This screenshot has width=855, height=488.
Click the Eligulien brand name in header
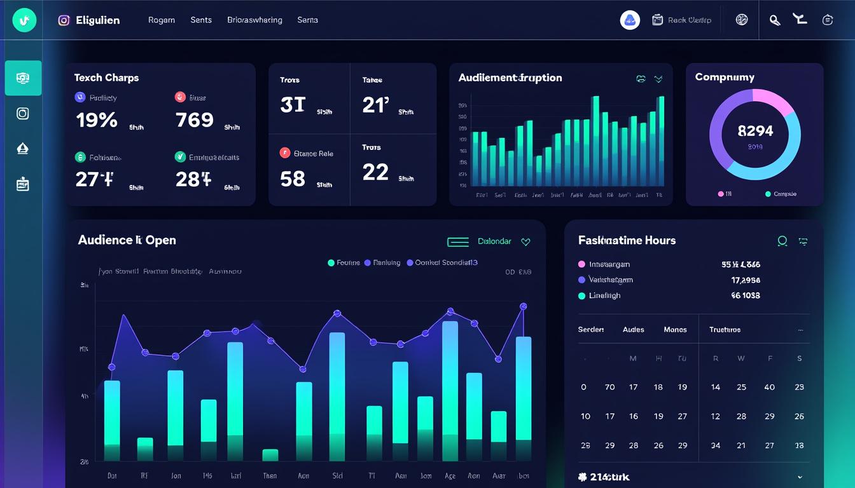click(97, 20)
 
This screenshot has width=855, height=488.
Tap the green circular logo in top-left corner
click(24, 20)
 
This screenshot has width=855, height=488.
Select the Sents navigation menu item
click(201, 20)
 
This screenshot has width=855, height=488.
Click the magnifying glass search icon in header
click(774, 20)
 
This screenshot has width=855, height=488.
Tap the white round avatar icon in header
click(630, 20)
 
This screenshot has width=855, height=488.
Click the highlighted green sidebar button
click(23, 78)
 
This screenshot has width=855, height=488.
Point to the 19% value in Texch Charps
click(96, 120)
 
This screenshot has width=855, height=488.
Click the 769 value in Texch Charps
click(194, 120)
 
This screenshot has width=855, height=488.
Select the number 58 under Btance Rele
click(293, 179)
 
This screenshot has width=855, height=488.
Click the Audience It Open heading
click(127, 240)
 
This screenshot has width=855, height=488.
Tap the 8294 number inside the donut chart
click(755, 131)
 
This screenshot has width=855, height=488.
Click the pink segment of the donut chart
click(773, 100)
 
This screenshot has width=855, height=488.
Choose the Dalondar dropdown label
click(494, 241)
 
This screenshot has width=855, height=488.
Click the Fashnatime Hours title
click(627, 240)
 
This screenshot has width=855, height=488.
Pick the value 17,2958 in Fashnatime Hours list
click(746, 280)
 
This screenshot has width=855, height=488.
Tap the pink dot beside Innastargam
click(581, 264)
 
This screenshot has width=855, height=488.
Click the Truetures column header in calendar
click(725, 330)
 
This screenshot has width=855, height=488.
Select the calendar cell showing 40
click(769, 387)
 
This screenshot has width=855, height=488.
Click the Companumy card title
click(725, 78)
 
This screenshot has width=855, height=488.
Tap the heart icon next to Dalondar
click(525, 241)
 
